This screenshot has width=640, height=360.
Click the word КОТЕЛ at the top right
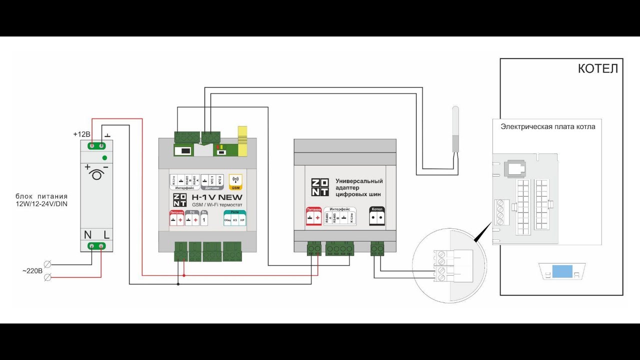[x=597, y=68]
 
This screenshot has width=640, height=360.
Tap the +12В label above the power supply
[x=81, y=134]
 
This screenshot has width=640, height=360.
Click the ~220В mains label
[x=32, y=270]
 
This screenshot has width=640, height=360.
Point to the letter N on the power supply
[x=87, y=234]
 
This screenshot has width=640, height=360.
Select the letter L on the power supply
[x=106, y=234]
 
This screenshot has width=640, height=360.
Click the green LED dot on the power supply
[x=104, y=158]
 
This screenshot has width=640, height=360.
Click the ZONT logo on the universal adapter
[x=320, y=187]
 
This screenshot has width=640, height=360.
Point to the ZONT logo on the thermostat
[x=179, y=199]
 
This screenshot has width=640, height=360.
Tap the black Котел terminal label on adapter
[x=378, y=208]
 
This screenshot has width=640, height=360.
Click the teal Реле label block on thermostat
[x=234, y=212]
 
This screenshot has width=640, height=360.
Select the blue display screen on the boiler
[x=562, y=271]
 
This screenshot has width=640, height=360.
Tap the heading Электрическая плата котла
[x=548, y=127]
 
